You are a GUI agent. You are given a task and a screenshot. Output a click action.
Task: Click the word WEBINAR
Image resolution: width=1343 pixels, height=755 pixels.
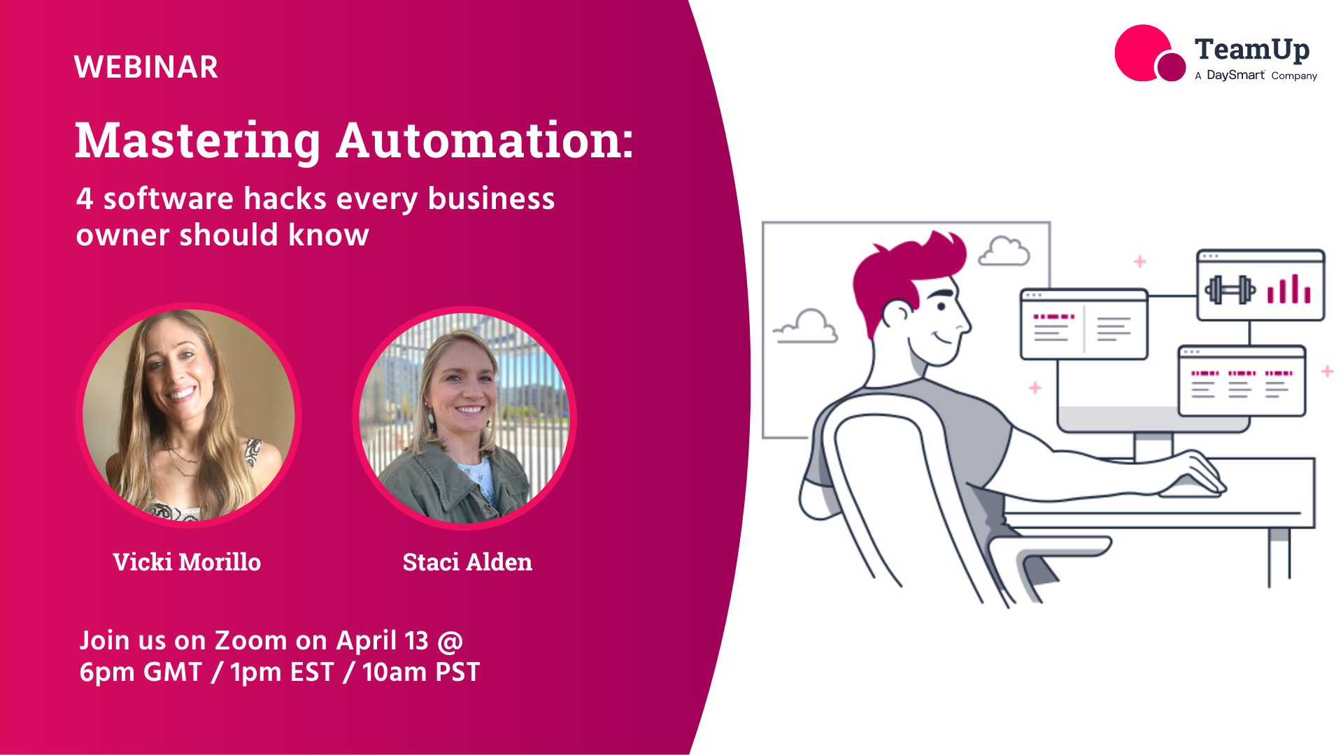pos(145,67)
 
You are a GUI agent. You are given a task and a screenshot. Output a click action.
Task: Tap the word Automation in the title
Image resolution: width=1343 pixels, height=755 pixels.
pos(485,141)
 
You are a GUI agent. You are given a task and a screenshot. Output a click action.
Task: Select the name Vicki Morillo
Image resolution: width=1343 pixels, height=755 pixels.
pos(187,562)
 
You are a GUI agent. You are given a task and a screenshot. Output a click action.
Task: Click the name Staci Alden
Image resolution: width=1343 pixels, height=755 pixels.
pos(467,562)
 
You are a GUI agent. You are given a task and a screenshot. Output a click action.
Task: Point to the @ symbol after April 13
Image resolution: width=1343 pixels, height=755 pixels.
pos(450,641)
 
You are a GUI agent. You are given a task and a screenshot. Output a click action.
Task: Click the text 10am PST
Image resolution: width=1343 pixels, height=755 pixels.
pos(420,673)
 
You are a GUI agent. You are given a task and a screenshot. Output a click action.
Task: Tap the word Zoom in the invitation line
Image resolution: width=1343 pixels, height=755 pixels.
pos(250,641)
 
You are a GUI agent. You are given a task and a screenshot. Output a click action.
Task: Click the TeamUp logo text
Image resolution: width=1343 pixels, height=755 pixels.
pos(1251,50)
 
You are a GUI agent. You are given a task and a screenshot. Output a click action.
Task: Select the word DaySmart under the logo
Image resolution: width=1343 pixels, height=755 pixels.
pos(1235,75)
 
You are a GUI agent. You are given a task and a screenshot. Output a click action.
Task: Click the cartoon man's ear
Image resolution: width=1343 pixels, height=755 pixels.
pos(897,313)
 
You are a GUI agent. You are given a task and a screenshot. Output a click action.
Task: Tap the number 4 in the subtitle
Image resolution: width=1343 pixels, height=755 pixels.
pos(85,199)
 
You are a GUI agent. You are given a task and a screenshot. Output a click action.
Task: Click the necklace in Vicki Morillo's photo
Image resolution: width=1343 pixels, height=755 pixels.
pos(184,461)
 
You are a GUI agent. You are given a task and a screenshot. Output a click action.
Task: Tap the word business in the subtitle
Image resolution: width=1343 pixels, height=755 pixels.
pos(491,199)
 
